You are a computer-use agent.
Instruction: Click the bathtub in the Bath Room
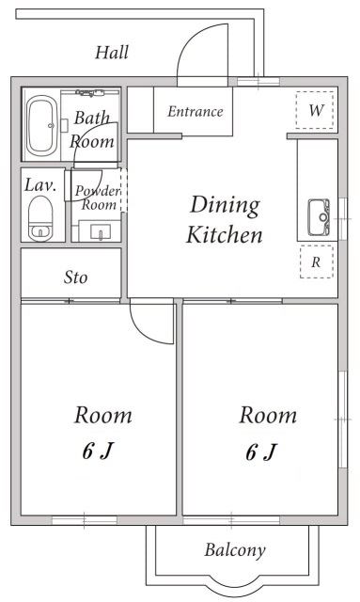(42, 125)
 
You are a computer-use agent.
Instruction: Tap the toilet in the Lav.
(40, 218)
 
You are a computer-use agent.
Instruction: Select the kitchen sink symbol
(319, 217)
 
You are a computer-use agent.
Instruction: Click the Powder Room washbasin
(101, 231)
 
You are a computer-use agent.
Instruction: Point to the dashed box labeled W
(315, 110)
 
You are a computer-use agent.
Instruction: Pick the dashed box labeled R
(316, 261)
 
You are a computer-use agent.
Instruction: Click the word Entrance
(195, 111)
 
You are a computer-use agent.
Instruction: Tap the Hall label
(112, 53)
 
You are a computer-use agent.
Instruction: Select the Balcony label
(235, 549)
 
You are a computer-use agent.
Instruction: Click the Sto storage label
(75, 277)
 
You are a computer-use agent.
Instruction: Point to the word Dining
(225, 206)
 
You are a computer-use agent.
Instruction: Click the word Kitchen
(225, 234)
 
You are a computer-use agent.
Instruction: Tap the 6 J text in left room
(99, 451)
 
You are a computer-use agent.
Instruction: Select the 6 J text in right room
(261, 451)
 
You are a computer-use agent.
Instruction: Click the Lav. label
(40, 185)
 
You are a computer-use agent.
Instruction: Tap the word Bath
(91, 118)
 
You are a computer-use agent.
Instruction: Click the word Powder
(98, 191)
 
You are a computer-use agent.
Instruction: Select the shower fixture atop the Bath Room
(90, 92)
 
